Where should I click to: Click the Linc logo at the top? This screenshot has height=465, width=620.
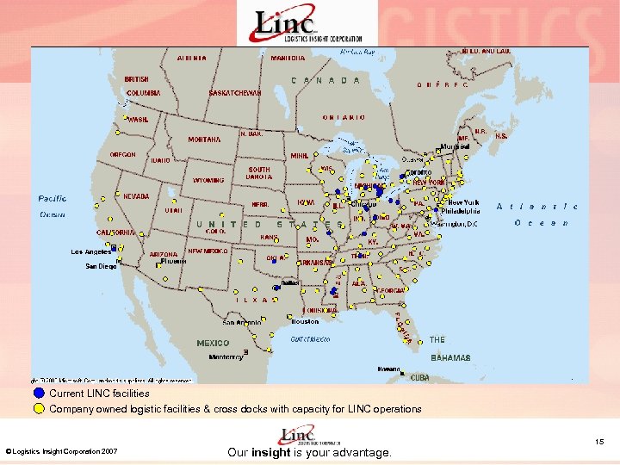coord(306,23)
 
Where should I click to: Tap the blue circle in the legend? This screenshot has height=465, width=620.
coord(39,394)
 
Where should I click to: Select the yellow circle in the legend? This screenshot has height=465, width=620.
coord(39,409)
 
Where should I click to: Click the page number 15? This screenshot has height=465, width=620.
coord(600,442)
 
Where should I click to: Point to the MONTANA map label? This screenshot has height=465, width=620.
coord(204,139)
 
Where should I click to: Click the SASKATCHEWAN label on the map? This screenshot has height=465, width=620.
coord(234,93)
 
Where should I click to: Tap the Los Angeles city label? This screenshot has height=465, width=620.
coord(90,252)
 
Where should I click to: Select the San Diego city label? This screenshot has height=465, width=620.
coord(101,267)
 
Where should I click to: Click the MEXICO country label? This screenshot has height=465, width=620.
coord(213,343)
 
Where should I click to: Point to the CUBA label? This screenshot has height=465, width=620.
coord(419,377)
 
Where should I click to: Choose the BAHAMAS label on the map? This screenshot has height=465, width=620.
coord(449,356)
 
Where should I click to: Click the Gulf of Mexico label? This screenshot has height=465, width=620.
coord(310,339)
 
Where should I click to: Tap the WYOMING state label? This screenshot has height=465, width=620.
coord(208,181)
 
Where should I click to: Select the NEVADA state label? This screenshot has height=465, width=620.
coord(135,196)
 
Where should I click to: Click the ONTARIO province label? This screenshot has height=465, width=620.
coord(344,117)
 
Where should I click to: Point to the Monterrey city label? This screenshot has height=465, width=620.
coord(226,356)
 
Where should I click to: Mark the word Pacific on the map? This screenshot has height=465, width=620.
coord(52,199)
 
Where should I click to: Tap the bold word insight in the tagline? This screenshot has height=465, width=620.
coord(271,452)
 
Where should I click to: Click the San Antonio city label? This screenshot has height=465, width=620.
coord(243,323)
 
